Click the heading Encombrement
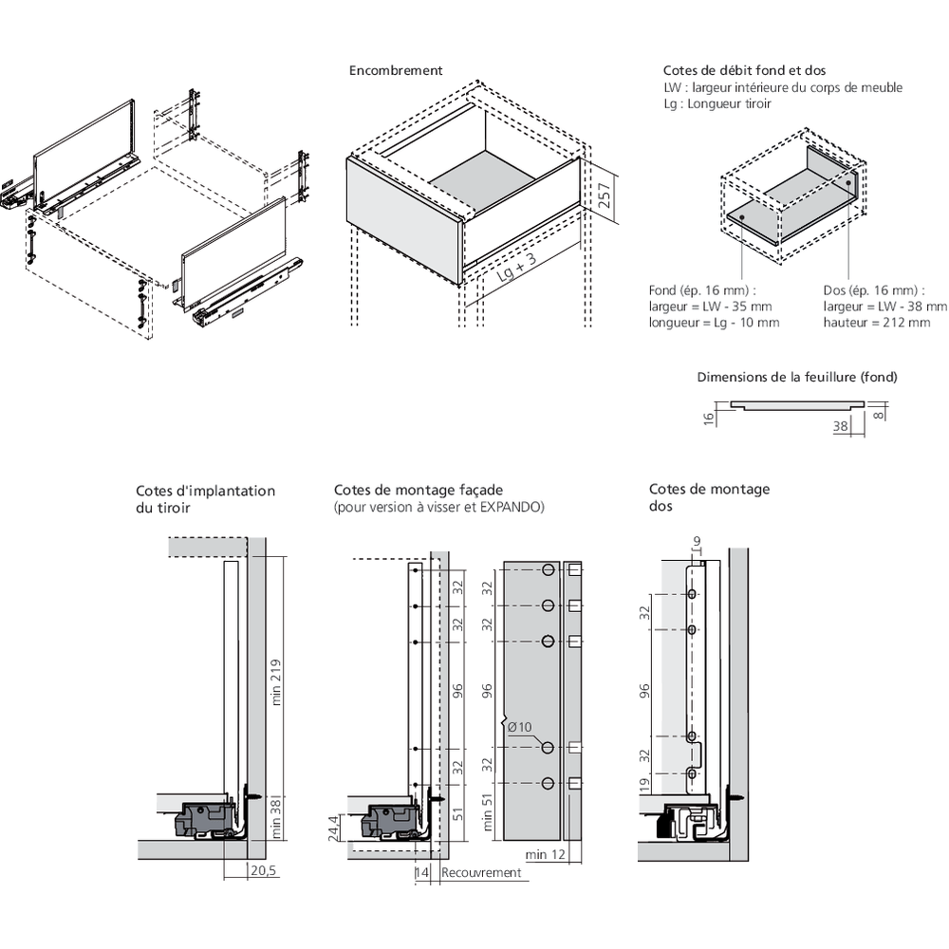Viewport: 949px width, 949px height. pos(396,70)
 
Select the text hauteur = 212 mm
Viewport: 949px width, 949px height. pos(877,323)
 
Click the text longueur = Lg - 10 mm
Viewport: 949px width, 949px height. pos(715,323)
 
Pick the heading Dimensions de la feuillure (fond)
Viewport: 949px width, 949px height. pos(796,377)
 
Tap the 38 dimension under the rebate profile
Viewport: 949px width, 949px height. pos(840,427)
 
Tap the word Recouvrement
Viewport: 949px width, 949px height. pos(482,872)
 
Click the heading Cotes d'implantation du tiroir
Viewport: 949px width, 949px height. pos(205,499)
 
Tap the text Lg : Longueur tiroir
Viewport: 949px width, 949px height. pos(717,103)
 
